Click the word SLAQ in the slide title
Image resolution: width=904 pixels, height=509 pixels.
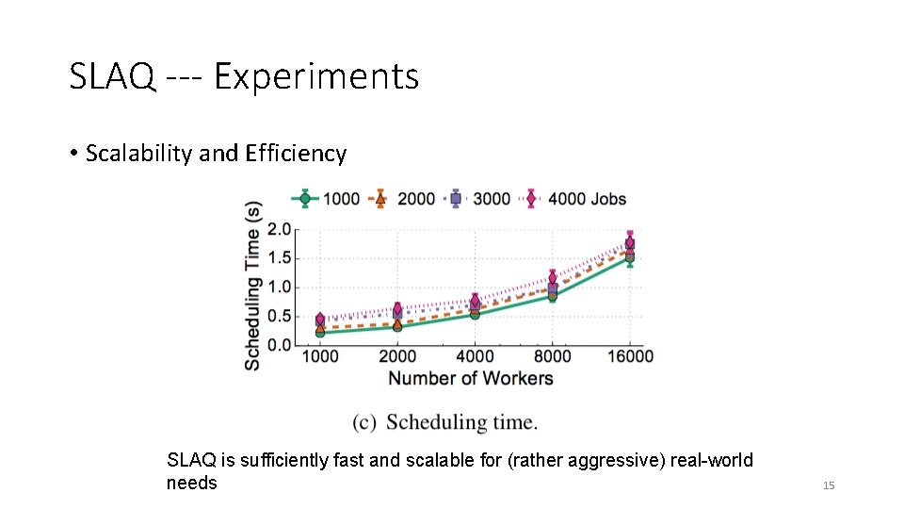(112, 75)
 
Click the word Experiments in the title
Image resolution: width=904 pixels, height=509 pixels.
(316, 75)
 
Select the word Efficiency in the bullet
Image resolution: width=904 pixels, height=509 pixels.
(296, 154)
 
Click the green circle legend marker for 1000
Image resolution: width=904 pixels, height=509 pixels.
(305, 199)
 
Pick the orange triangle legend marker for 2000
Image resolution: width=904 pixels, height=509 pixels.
(379, 199)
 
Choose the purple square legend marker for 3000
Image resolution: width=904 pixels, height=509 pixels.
(456, 199)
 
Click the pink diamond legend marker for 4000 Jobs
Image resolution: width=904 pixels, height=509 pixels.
(531, 199)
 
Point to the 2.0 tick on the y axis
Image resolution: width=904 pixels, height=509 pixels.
(279, 229)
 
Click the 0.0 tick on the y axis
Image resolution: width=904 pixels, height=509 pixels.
(279, 345)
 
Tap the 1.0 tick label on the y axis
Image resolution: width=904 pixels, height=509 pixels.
(279, 287)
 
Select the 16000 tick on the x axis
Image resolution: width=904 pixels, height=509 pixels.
(630, 356)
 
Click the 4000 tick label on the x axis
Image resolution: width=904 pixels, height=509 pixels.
(475, 356)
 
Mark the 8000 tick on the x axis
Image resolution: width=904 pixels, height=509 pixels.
(553, 356)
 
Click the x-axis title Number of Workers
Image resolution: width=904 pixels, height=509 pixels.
(471, 378)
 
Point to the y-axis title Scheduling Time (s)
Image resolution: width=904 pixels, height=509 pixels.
(252, 286)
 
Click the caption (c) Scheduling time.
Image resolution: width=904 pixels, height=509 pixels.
(444, 422)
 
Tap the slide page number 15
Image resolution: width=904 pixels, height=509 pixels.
(829, 485)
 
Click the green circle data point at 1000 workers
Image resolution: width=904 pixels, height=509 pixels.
(320, 333)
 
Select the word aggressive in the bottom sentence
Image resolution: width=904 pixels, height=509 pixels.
(616, 460)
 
